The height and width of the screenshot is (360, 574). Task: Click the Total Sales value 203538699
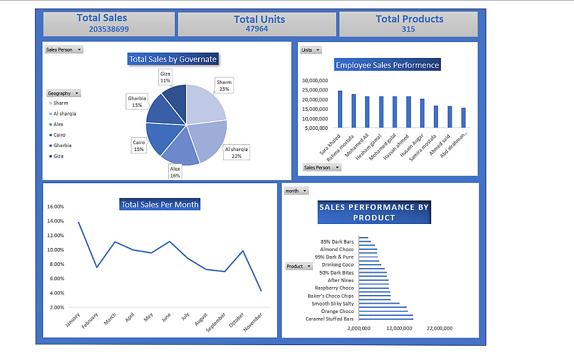tap(108, 29)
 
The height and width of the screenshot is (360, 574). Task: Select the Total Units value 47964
tap(257, 29)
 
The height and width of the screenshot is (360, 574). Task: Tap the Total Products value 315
tap(408, 29)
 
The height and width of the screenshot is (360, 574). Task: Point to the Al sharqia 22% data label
tap(236, 152)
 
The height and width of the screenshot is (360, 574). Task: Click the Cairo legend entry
tap(59, 135)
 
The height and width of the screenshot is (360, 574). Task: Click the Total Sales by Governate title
tap(173, 59)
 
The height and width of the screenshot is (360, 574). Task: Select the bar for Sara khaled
tap(340, 109)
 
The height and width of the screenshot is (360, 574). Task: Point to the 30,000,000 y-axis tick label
tap(313, 81)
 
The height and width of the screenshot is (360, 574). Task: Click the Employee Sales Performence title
tap(387, 65)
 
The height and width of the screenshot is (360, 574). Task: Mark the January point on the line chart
tap(79, 222)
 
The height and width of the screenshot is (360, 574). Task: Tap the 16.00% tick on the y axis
tap(55, 207)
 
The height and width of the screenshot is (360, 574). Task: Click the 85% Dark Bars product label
tap(337, 242)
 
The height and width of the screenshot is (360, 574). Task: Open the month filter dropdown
tap(296, 191)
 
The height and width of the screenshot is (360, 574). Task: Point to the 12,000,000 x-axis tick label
tap(399, 328)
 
